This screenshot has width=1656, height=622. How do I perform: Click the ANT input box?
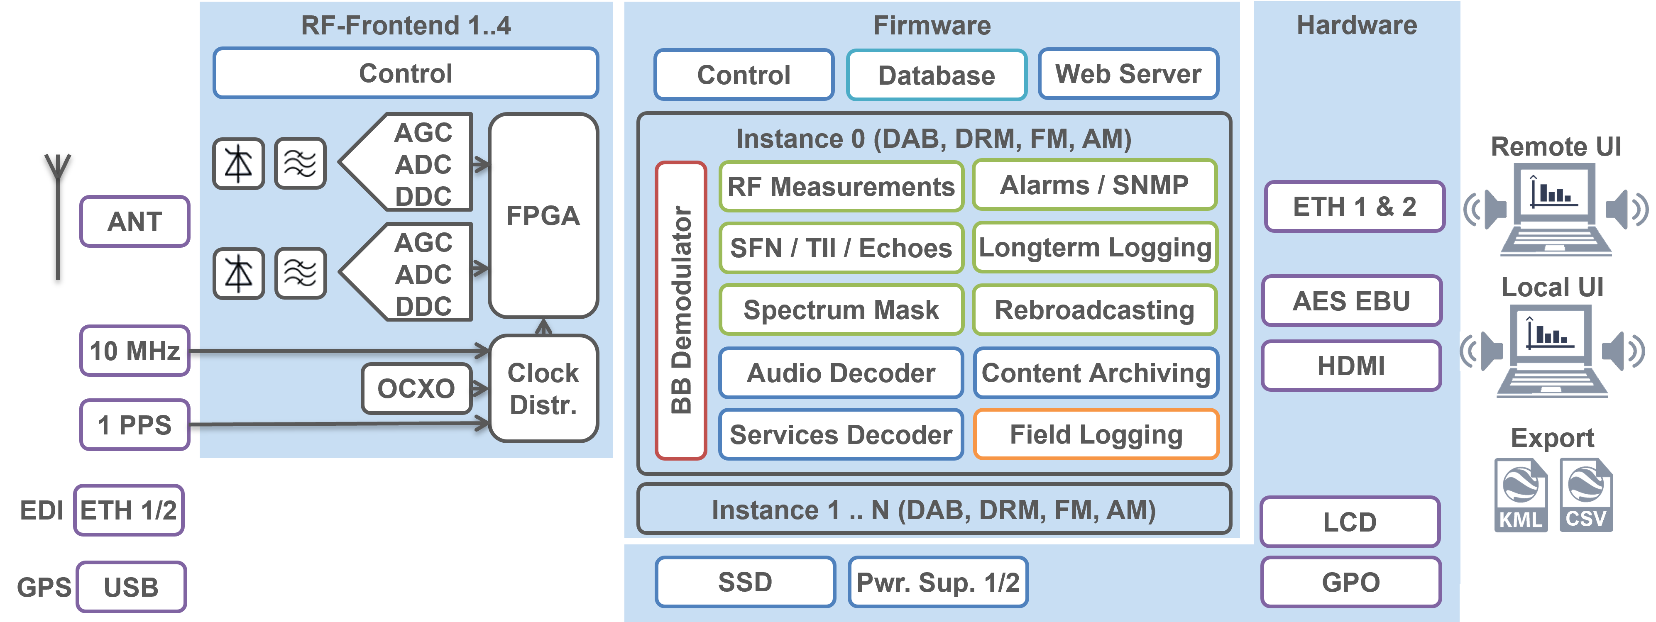coord(135,222)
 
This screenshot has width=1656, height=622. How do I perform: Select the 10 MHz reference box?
coord(135,351)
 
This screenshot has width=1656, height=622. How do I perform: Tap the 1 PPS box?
coord(135,425)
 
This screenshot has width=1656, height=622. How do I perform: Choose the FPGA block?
coord(543,216)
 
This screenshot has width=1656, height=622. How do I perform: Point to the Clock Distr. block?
coord(543,389)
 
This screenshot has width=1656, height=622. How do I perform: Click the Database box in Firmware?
coord(936,75)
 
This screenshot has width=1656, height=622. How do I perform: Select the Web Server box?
coord(1128,74)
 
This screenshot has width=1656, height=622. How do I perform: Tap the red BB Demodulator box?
coord(681,310)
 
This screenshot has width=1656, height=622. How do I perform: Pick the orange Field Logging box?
coord(1096,434)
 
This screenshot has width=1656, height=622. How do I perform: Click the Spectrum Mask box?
coord(841,310)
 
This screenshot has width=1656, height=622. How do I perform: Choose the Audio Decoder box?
coord(841,373)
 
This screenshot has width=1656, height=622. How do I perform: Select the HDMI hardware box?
coord(1351,366)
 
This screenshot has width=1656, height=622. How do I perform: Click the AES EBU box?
coord(1351,301)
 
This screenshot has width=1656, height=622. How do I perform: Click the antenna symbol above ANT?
coord(58,193)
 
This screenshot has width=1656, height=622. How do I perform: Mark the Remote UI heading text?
coord(1556,146)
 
